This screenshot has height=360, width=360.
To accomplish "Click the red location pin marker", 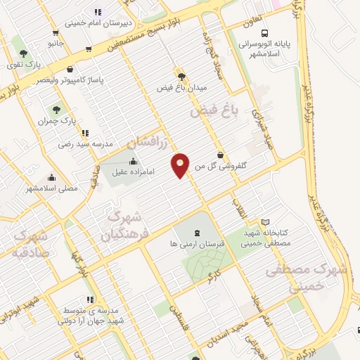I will pyautogui.click(x=181, y=165).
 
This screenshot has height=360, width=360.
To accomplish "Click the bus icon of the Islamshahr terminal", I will pyautogui.click(x=264, y=33).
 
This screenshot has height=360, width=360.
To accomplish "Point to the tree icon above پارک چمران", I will pyautogui.click(x=56, y=110).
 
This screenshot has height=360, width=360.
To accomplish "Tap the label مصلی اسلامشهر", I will pyautogui.click(x=51, y=188).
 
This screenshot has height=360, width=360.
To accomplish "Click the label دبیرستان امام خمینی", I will pyautogui.click(x=97, y=22).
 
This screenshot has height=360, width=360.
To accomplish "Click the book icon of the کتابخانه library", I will pyautogui.click(x=265, y=222).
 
